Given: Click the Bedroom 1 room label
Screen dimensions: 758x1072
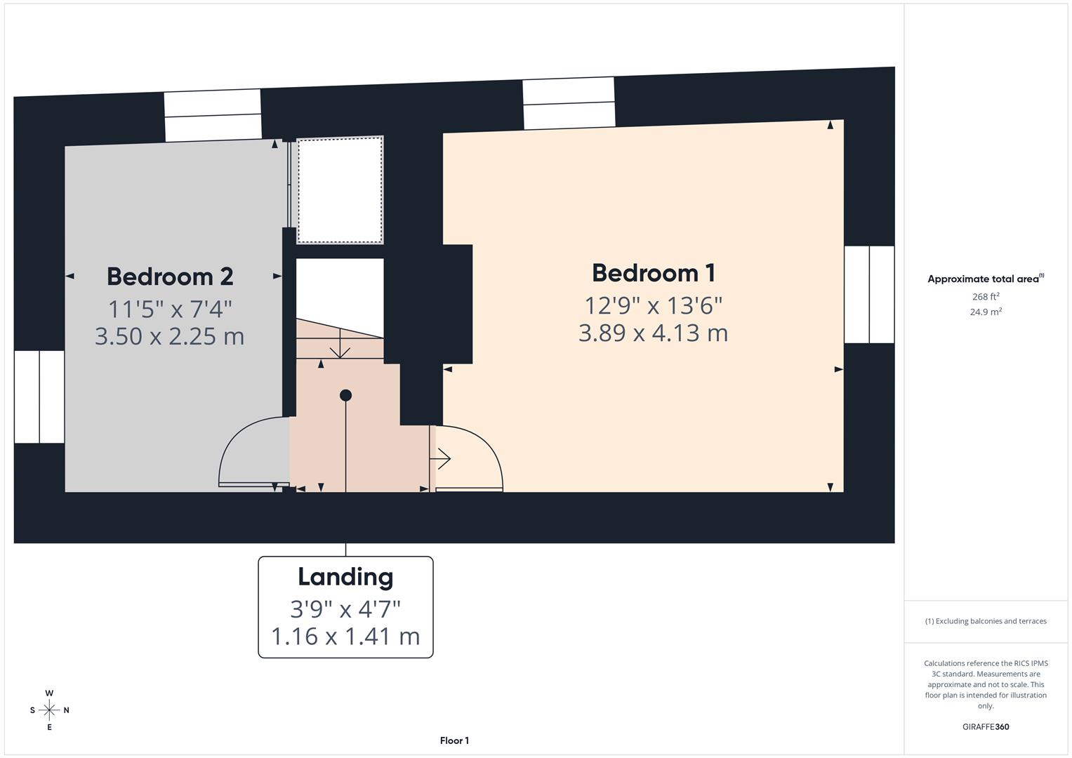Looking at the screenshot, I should pos(653,273).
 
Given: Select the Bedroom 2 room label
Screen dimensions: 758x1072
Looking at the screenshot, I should pos(170,277).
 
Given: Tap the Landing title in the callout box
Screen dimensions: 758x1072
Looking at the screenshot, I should pos(345,577).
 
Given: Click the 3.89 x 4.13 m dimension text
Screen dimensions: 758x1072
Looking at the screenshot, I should pos(653,333).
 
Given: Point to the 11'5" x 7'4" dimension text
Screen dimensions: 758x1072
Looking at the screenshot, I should pos(170,308).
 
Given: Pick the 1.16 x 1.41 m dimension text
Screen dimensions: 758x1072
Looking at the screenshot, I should pos(345,637).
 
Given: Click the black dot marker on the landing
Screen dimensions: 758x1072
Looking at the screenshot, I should pos(345,396).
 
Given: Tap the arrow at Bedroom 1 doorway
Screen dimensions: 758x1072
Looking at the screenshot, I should pos(444,459).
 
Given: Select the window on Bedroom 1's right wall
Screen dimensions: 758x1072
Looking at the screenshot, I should pos(869,295).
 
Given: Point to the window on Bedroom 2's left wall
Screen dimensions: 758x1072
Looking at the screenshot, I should pos(39,397).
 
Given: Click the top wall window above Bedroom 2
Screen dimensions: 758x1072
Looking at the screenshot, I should pos(213,116).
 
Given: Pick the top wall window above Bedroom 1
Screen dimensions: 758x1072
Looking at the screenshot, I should pos(569,103).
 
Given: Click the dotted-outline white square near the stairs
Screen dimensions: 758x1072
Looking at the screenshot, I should pos(340,190).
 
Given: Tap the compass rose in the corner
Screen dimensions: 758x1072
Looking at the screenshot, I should pos(49,710).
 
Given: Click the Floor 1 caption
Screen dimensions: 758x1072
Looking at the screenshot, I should pos(454,740).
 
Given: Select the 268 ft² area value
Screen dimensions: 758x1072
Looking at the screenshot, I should pos(986,297).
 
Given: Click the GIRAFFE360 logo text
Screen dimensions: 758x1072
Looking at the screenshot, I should pos(986,727).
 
